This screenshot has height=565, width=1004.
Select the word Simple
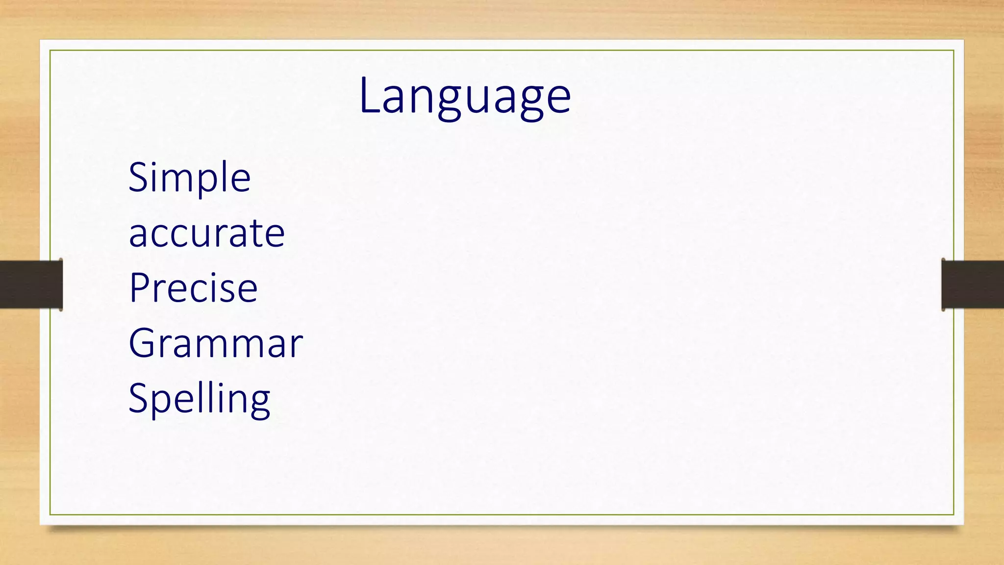click(x=189, y=178)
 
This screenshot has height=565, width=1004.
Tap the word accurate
click(x=206, y=233)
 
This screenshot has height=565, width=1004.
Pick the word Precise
click(x=193, y=288)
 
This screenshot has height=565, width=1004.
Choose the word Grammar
click(x=216, y=343)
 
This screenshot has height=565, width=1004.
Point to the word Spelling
click(x=199, y=399)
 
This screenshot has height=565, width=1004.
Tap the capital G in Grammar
click(x=142, y=343)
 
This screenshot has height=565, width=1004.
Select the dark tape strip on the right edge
click(x=973, y=284)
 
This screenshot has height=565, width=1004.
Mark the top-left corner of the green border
click(x=50, y=51)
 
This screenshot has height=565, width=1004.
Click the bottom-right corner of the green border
click(x=954, y=514)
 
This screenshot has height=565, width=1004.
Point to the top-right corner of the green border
click(x=954, y=51)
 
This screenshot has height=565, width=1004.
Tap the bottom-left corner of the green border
click(x=50, y=514)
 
